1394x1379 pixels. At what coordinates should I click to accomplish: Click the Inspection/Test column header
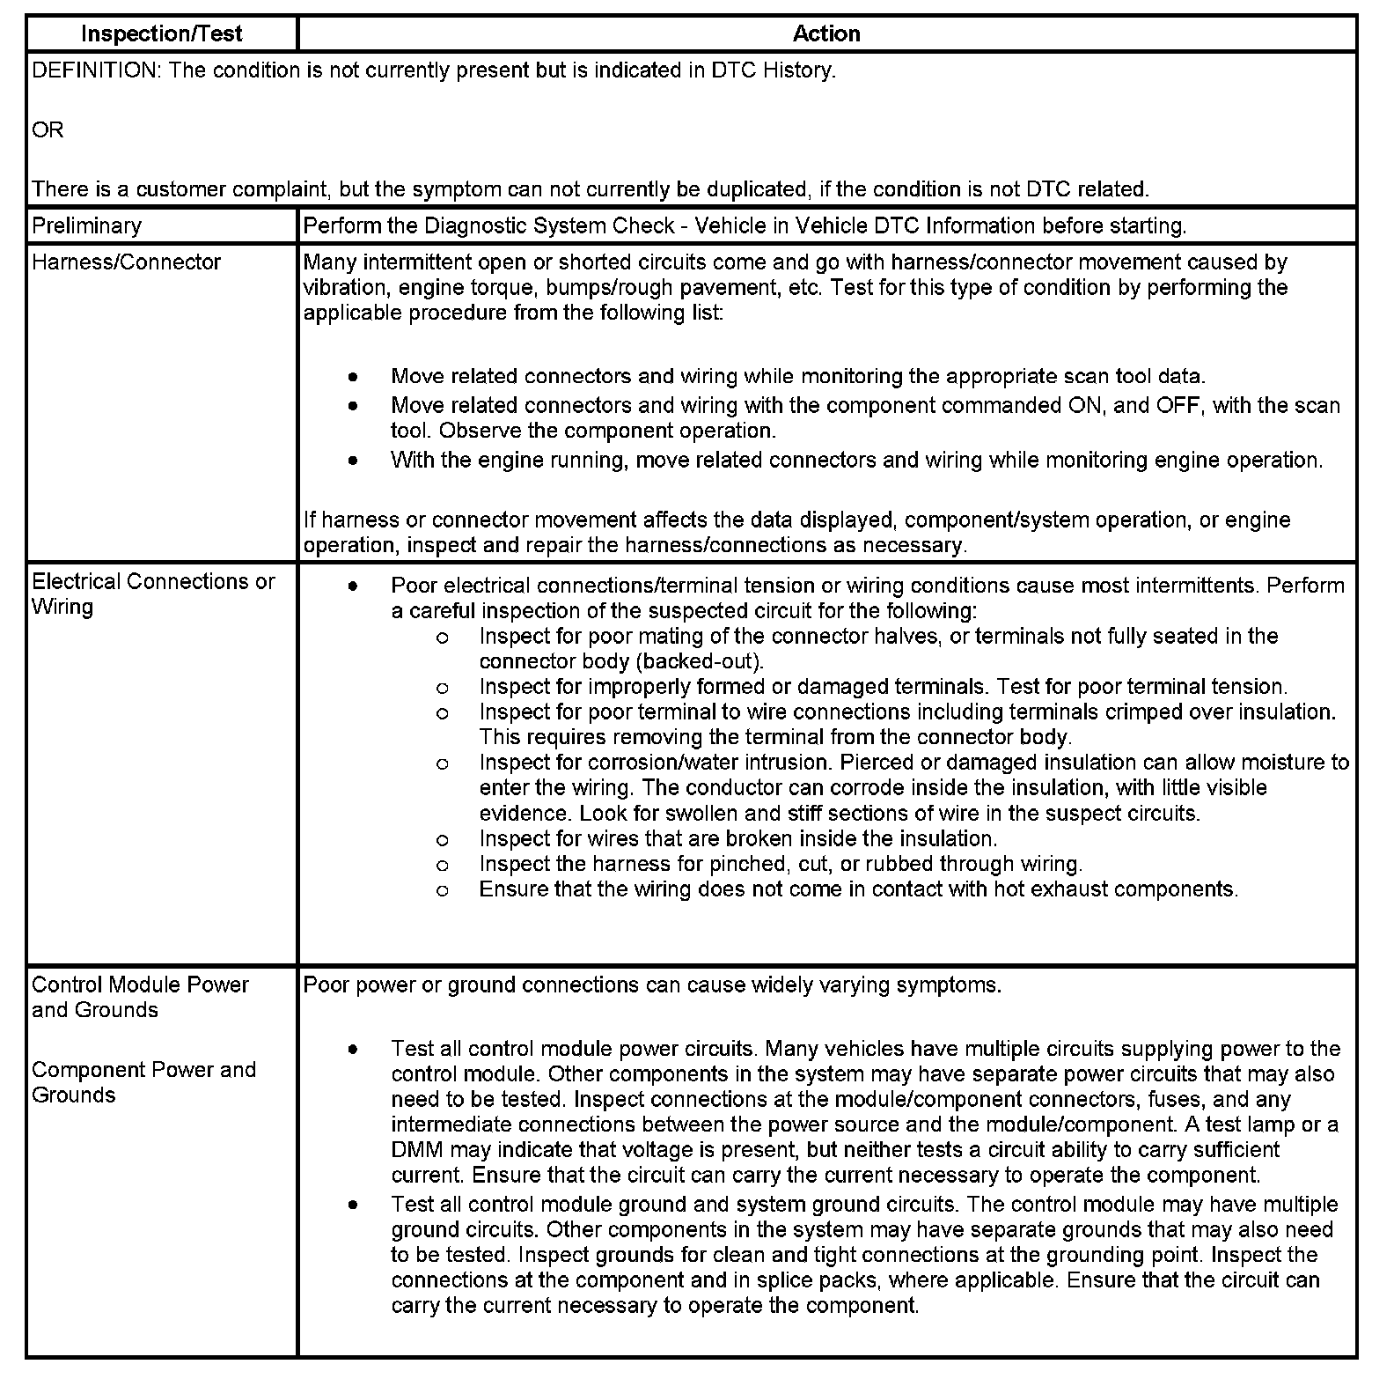(x=161, y=33)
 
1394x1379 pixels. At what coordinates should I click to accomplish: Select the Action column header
(x=825, y=33)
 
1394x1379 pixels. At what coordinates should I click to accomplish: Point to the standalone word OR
(x=48, y=130)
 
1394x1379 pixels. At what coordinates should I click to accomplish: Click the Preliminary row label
(x=86, y=225)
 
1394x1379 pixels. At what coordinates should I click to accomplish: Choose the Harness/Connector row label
(x=126, y=262)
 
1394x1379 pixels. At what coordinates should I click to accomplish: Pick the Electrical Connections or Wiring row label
(x=153, y=594)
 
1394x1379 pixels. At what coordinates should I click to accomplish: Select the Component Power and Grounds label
(x=143, y=1082)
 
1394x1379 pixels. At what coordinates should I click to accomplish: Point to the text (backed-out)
(x=708, y=661)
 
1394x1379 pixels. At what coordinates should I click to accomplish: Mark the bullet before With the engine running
(x=353, y=461)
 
